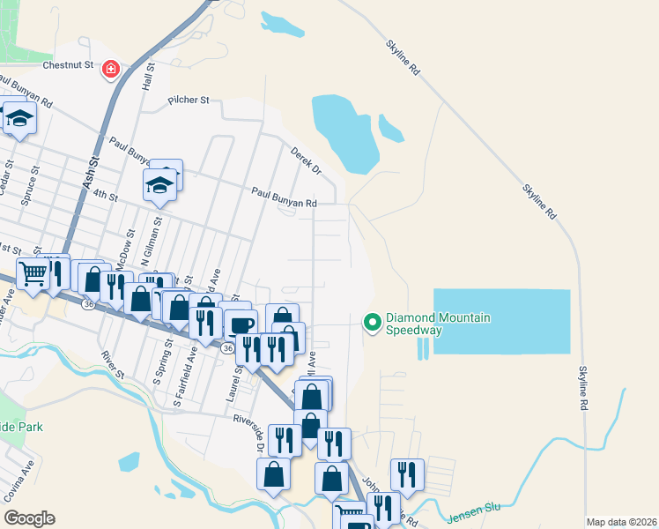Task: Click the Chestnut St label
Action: [69, 65]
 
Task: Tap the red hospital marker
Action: [111, 69]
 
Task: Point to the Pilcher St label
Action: [189, 101]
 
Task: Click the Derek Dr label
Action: [306, 160]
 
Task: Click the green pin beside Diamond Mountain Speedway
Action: [372, 324]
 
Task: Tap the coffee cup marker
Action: [241, 324]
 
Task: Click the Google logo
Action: [29, 518]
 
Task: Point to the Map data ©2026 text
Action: [620, 522]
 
